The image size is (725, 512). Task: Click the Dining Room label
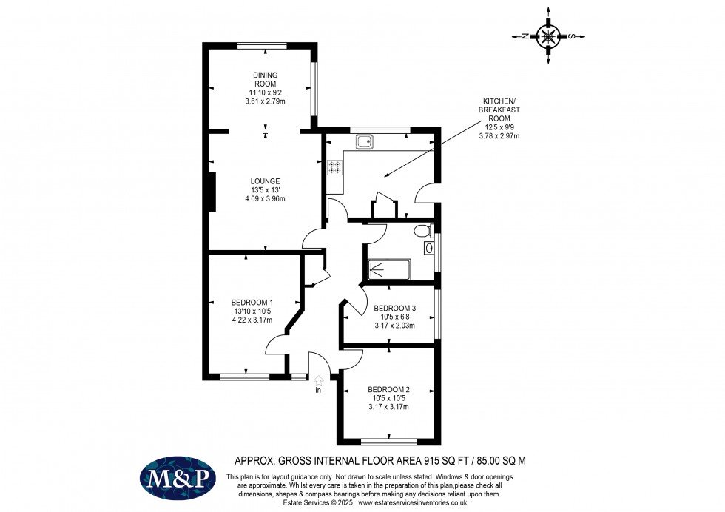pyautogui.click(x=265, y=79)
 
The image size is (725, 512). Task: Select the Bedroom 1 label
pyautogui.click(x=252, y=302)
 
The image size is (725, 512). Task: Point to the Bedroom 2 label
pyautogui.click(x=388, y=389)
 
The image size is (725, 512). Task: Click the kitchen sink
pyautogui.click(x=365, y=141)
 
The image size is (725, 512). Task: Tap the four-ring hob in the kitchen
pyautogui.click(x=334, y=167)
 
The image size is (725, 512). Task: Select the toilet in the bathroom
pyautogui.click(x=424, y=230)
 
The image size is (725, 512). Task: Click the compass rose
pyautogui.click(x=548, y=36)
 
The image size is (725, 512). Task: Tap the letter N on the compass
pyautogui.click(x=523, y=36)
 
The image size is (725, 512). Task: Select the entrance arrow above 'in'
pyautogui.click(x=318, y=380)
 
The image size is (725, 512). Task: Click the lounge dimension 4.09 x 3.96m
pyautogui.click(x=264, y=198)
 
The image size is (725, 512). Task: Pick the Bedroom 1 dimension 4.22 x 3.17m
pyautogui.click(x=252, y=320)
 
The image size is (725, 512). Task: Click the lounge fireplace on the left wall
pyautogui.click(x=213, y=192)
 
